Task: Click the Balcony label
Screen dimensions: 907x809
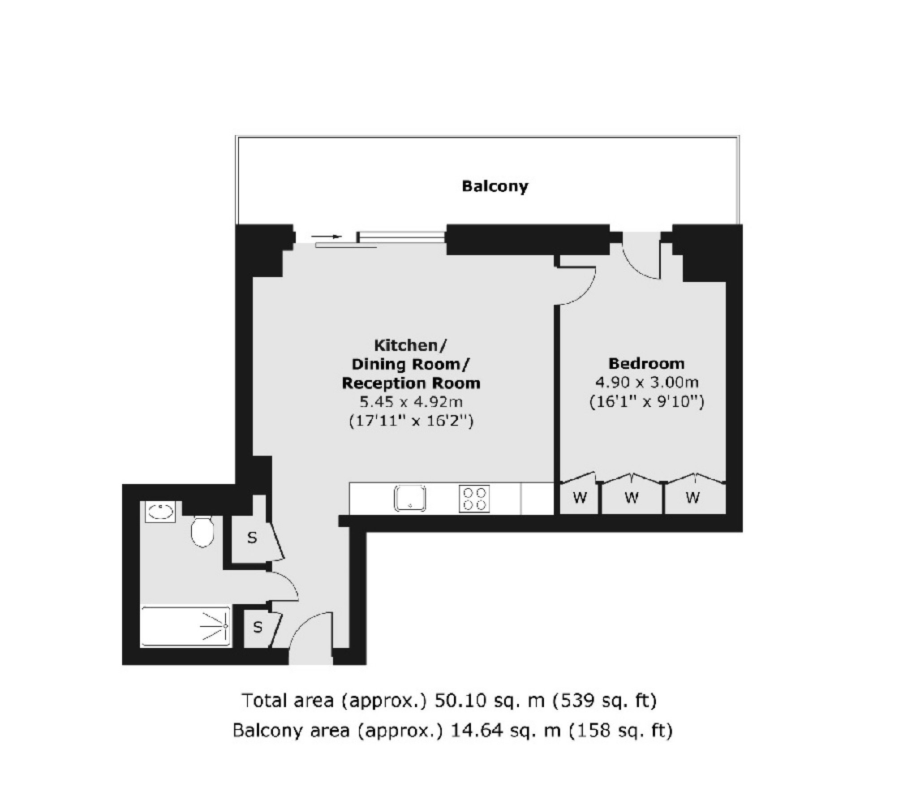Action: click(x=495, y=186)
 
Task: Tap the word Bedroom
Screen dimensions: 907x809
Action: click(x=646, y=363)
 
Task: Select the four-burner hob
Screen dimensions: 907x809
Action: click(x=474, y=499)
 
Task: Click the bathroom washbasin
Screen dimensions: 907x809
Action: click(x=160, y=511)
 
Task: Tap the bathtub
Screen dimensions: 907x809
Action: click(x=186, y=626)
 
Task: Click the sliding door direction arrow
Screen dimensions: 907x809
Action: click(x=327, y=236)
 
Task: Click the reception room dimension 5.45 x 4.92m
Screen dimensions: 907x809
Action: click(x=411, y=402)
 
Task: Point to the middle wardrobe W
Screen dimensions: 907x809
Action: click(x=632, y=497)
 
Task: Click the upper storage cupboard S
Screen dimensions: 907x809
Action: click(x=252, y=538)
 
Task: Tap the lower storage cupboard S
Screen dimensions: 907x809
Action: click(x=257, y=627)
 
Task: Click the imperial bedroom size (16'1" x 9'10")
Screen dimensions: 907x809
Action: click(x=646, y=401)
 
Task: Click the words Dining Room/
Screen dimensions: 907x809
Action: click(x=410, y=364)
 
